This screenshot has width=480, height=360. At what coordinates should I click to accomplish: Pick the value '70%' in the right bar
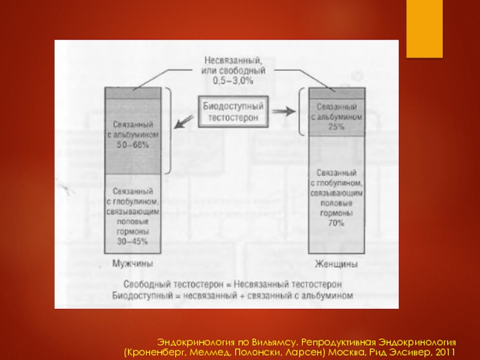[x=336, y=223]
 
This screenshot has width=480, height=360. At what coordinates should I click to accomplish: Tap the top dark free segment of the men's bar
[x=133, y=93]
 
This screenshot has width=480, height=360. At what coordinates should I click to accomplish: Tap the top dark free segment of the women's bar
[x=336, y=93]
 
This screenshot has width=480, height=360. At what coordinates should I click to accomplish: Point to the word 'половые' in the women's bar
[x=336, y=204]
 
